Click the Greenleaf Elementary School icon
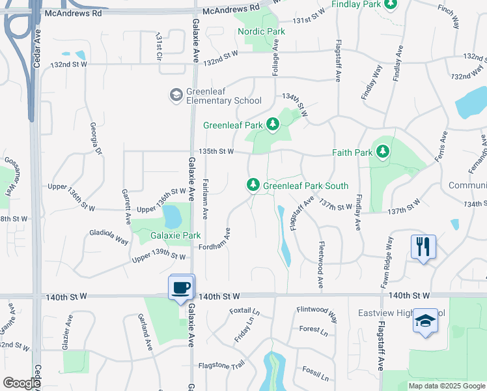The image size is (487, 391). (176, 95)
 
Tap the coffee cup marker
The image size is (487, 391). (181, 287)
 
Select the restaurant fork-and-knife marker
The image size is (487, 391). (423, 246)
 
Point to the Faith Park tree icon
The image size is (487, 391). (383, 152)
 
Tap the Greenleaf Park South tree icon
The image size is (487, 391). (253, 186)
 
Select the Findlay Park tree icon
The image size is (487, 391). (391, 5)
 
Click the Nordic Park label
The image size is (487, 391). (261, 31)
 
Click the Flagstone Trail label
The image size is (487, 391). (221, 365)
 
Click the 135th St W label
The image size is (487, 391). (217, 151)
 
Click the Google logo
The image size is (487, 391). (21, 383)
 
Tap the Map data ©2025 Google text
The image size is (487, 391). (446, 386)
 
